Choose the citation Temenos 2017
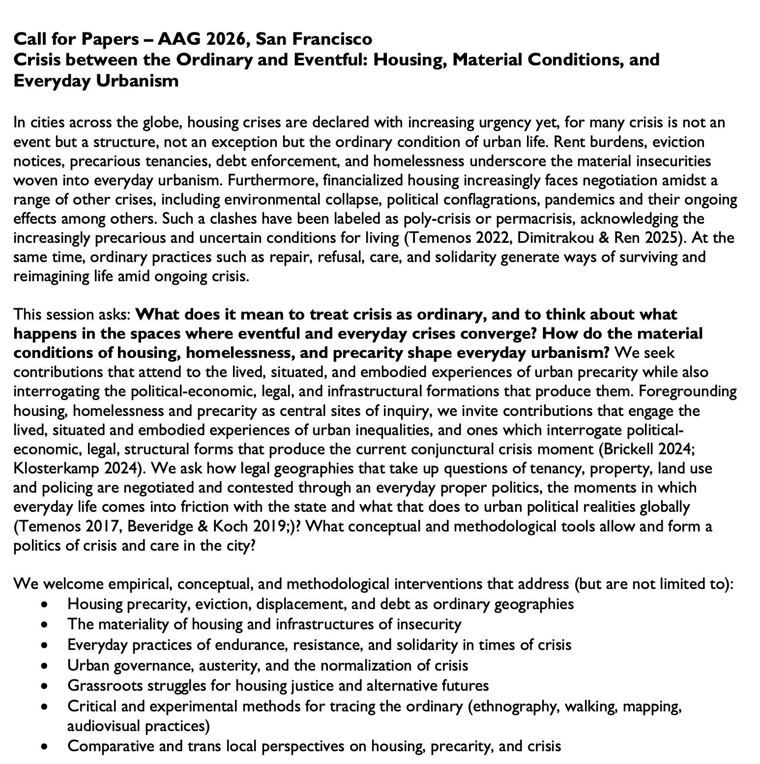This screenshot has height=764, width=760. point(69,526)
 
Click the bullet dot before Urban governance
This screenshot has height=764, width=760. point(45,666)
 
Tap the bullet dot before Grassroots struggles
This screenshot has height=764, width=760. point(45,686)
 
